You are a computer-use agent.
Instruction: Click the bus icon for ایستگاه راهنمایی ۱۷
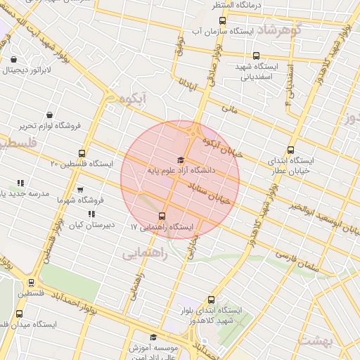pos(162,216)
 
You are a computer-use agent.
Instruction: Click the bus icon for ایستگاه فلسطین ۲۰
pos(82,153)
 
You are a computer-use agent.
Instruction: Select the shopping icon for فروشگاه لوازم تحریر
pos(49,115)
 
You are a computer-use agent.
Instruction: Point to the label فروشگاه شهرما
pos(79,200)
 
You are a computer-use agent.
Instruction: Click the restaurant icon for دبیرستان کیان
pos(91,214)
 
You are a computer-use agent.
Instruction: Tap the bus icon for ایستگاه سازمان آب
pos(222,20)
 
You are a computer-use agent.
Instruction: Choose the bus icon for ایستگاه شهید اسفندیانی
pos(255,56)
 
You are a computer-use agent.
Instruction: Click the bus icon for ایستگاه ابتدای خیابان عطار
pos(290,150)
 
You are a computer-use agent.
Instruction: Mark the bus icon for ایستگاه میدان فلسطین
pos(19,314)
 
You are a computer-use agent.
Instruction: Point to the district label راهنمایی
pos(145,254)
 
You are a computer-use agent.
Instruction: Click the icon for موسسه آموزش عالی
pos(154,338)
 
